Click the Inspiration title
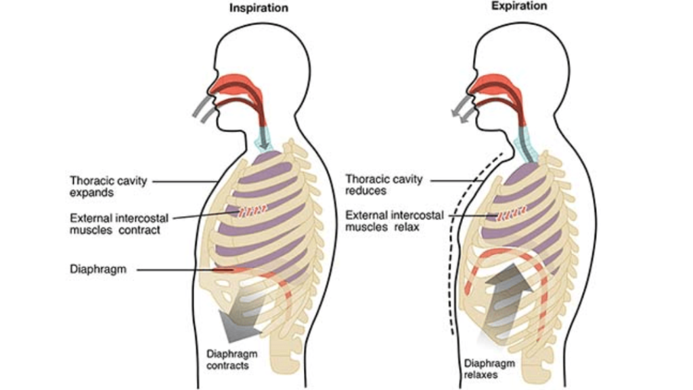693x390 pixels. coord(259,8)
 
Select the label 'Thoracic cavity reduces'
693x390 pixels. coord(384,185)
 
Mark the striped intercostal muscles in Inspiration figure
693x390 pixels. coord(250,212)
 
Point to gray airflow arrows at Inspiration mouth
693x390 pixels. coord(202,108)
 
